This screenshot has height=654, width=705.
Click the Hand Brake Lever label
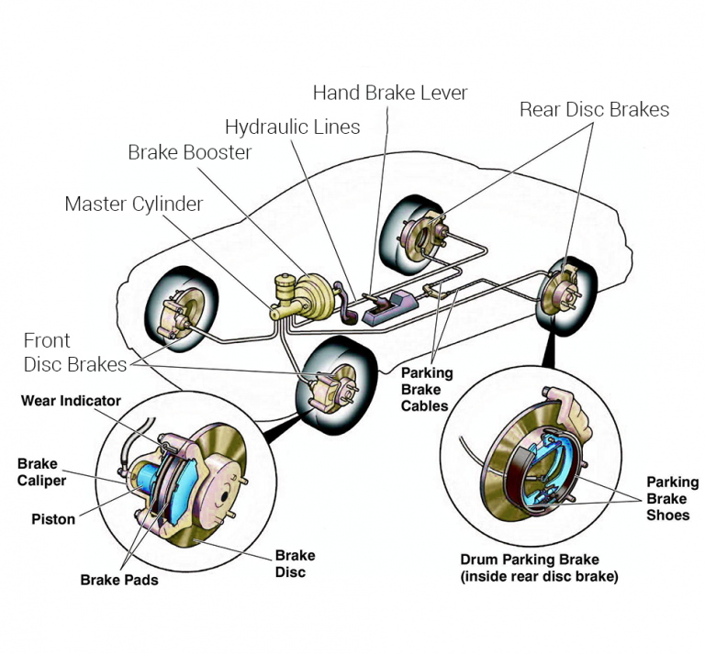(390, 93)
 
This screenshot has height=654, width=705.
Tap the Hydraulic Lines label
(293, 127)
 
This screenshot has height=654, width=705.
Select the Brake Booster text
(190, 152)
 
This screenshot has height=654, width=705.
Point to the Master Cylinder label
(134, 204)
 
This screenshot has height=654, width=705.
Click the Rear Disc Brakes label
(594, 110)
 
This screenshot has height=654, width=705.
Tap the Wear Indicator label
(71, 401)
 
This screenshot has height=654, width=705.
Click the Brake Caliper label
(42, 472)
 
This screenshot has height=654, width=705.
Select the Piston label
(53, 519)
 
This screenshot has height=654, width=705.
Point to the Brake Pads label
(119, 580)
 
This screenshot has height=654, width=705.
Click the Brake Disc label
(295, 563)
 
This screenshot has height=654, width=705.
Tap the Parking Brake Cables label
(427, 389)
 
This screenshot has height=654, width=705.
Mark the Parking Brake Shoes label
(672, 498)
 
